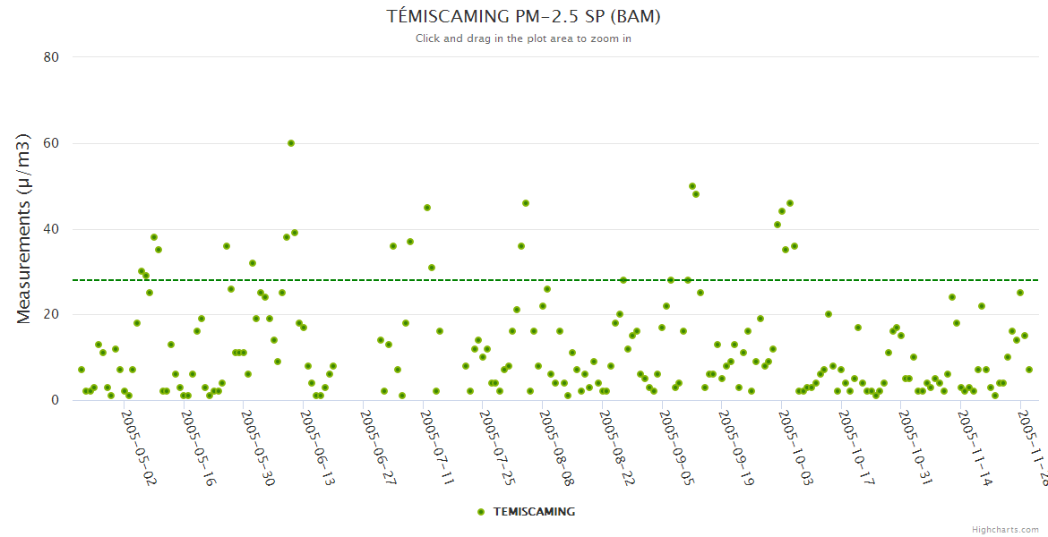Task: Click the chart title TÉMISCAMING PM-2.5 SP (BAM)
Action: click(x=524, y=16)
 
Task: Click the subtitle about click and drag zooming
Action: click(x=524, y=38)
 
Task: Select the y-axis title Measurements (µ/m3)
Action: click(x=24, y=228)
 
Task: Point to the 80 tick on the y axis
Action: click(x=51, y=57)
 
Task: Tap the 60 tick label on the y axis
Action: click(x=51, y=143)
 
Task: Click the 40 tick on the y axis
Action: click(x=51, y=229)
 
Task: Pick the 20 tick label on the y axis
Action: click(x=51, y=314)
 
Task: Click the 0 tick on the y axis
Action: click(x=55, y=400)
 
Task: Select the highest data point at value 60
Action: click(x=291, y=143)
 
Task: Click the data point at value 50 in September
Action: click(x=692, y=186)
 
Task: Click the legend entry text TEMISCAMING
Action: click(x=534, y=512)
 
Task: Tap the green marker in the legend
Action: click(x=481, y=512)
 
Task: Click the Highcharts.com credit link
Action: click(x=1005, y=529)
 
